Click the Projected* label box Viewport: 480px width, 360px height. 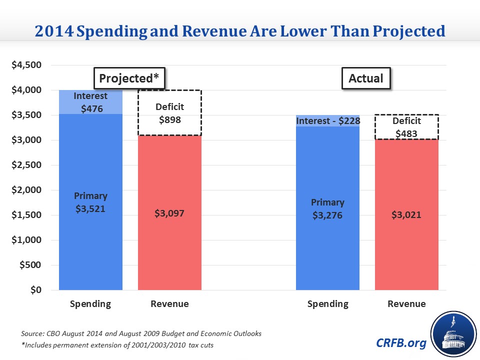129,78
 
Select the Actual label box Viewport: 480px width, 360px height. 366,78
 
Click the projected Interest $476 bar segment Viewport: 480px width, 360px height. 90,102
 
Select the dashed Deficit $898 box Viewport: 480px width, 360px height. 169,113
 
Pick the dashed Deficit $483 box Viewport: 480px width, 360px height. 406,127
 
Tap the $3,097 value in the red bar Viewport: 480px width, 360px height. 169,213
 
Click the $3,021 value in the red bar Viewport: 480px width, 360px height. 406,215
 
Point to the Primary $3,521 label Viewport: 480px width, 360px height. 90,202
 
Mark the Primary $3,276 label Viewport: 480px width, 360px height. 327,208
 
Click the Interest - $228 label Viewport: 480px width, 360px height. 327,121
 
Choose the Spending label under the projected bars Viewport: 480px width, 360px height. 90,304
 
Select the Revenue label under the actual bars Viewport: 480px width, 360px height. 406,304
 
